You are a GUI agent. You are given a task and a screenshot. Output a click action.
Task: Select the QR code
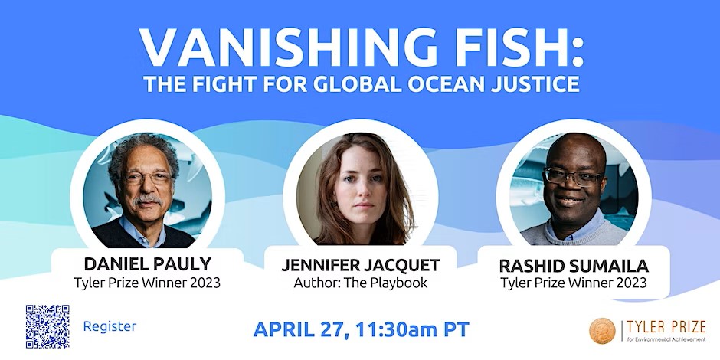[47, 326]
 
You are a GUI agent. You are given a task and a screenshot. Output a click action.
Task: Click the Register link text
[110, 326]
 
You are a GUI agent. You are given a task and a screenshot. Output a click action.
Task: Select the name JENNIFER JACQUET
[360, 266]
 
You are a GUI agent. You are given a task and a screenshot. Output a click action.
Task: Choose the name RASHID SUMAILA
[573, 266]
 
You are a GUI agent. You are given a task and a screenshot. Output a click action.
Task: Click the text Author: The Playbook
[360, 283]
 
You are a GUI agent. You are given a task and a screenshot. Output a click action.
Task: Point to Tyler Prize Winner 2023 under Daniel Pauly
[147, 282]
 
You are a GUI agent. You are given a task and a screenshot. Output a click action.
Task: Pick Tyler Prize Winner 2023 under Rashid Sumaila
[573, 283]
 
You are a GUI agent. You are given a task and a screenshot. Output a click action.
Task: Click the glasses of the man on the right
[572, 176]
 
